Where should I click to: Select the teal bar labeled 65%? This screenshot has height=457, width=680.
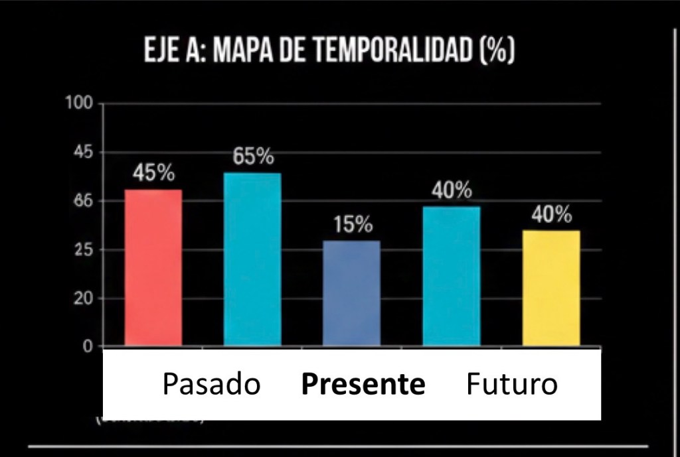(x=252, y=259)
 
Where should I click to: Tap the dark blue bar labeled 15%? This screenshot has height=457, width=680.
(x=351, y=293)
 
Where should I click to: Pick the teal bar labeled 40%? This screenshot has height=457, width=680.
(x=452, y=276)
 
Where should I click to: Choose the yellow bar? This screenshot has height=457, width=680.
(x=551, y=288)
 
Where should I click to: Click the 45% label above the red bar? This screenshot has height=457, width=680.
(x=153, y=174)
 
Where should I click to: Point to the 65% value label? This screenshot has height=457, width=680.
(x=253, y=157)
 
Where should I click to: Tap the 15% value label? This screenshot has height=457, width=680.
(x=353, y=225)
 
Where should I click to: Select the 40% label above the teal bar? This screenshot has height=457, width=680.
(x=452, y=190)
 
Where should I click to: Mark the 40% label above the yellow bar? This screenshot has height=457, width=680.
(x=551, y=215)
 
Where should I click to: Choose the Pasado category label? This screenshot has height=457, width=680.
(x=211, y=384)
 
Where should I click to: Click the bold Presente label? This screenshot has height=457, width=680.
(x=363, y=384)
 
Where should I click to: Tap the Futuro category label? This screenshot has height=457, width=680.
(x=511, y=384)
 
